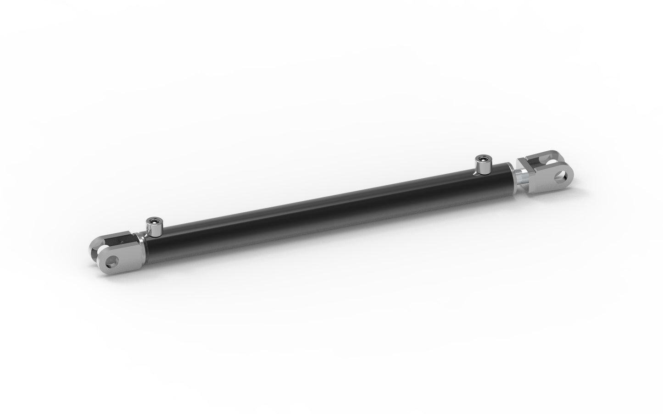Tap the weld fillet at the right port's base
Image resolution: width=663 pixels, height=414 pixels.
(x=479, y=173)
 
